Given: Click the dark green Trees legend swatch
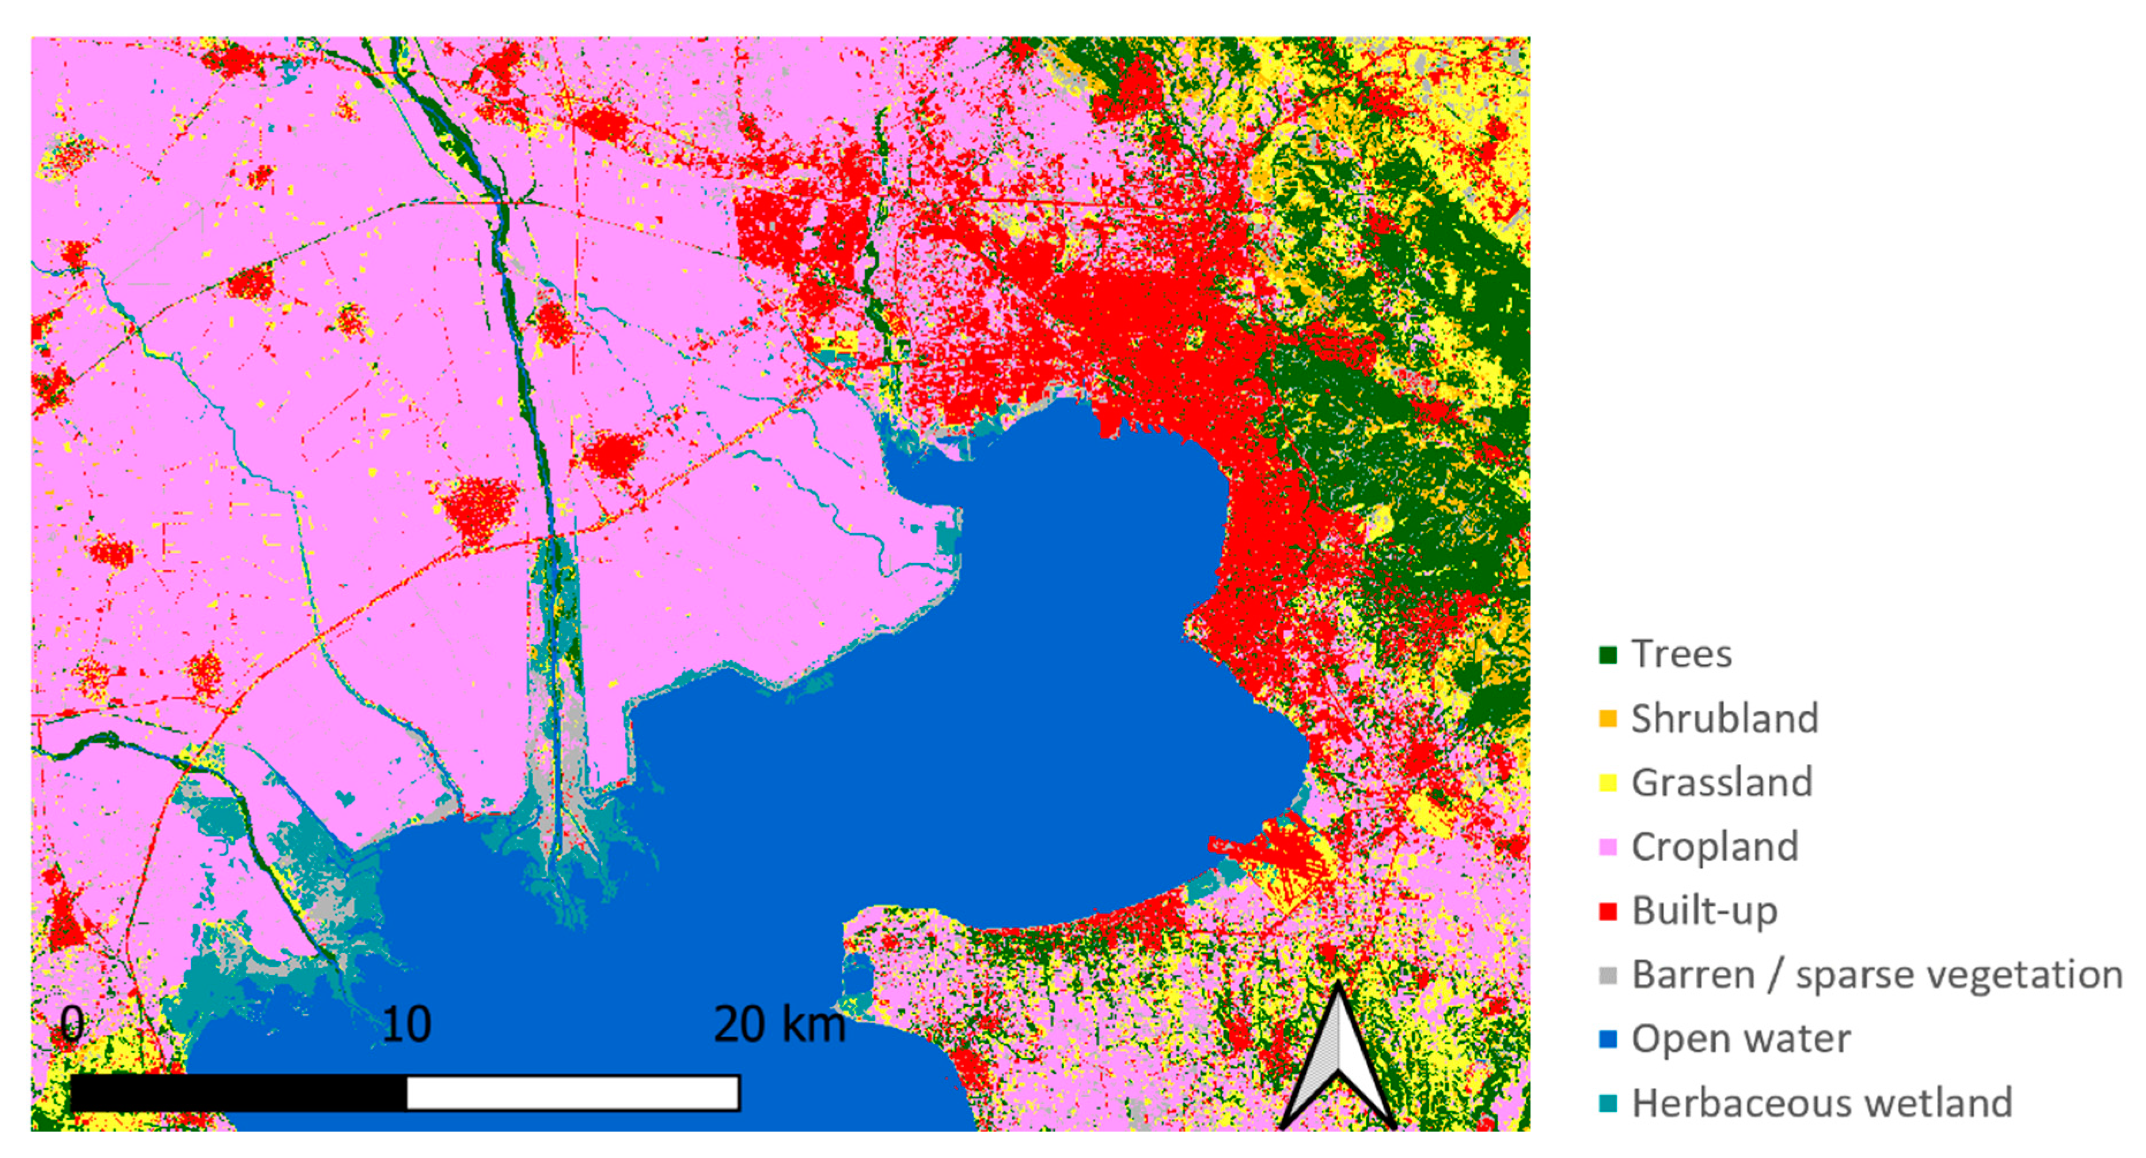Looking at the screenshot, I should coord(1608,655).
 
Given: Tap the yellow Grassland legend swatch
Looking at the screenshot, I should coord(1608,783).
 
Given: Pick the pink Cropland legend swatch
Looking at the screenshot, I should coord(1608,847).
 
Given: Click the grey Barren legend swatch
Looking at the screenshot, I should coord(1608,975).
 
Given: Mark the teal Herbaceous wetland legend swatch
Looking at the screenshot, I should coord(1608,1104).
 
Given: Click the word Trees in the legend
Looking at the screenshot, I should coord(1681,655).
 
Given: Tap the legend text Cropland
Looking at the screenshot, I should coord(1715,847).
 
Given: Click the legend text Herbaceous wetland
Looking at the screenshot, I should coord(1821,1104).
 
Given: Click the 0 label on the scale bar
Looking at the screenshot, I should coord(73,1024).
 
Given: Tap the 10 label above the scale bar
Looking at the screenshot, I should coord(407,1024).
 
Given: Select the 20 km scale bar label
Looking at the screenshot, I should coord(779,1024).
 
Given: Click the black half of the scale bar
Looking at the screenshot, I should coord(239,1093).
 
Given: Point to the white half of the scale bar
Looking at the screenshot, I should coord(572,1093).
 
